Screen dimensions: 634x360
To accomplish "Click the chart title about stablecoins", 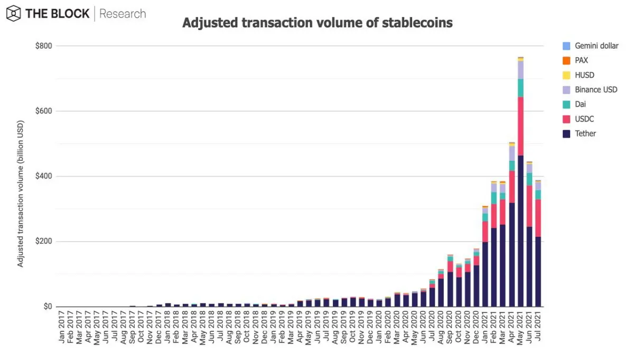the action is [x=318, y=23].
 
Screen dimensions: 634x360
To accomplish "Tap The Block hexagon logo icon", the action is [x=14, y=14].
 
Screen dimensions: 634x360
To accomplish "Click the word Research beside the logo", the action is [x=123, y=14].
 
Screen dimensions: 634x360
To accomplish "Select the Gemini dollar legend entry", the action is [x=591, y=46].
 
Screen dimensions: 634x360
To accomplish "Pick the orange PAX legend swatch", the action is [x=566, y=61].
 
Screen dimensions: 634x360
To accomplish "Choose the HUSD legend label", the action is [x=584, y=75].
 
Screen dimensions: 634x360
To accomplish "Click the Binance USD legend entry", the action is [x=590, y=90].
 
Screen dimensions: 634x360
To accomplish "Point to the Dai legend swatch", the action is [x=566, y=105].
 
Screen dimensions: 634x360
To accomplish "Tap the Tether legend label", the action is [x=585, y=134].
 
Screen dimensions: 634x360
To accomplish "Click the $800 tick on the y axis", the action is [x=43, y=46].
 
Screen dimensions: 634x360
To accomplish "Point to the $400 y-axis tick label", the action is [x=43, y=176].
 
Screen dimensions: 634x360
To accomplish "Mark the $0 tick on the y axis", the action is [x=48, y=307].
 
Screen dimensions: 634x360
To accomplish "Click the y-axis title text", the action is [x=20, y=193].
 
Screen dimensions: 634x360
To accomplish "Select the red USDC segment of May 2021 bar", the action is [x=520, y=126].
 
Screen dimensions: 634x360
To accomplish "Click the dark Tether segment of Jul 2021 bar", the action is [x=538, y=272].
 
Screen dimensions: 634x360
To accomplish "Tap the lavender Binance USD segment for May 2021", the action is [x=520, y=70].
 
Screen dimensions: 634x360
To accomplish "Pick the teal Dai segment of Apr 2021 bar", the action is [x=512, y=165].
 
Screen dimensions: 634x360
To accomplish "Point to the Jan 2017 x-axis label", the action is [x=62, y=327].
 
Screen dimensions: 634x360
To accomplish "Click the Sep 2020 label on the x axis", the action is [x=450, y=327].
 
